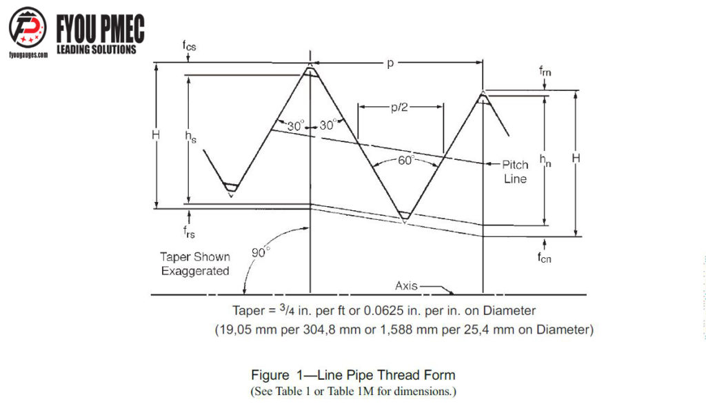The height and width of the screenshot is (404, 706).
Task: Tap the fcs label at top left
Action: [x=189, y=46]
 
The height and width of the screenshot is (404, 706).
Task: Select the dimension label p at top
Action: [x=390, y=63]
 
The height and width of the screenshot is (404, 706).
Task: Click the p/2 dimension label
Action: [x=399, y=107]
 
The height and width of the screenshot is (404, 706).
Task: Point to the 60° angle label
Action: [x=405, y=160]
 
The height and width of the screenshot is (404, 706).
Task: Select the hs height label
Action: [x=190, y=137]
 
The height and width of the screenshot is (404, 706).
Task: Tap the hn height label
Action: [x=545, y=160]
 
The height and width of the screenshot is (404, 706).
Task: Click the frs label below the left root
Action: [x=189, y=232]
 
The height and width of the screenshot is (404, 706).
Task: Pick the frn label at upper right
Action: [x=545, y=71]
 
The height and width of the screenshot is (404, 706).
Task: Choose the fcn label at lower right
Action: [x=545, y=258]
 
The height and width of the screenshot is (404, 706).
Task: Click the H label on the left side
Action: [x=156, y=134]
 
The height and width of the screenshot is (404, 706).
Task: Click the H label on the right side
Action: [x=576, y=158]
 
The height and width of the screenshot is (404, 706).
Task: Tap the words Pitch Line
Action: [x=515, y=172]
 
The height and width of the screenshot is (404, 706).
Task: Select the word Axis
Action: [x=406, y=285]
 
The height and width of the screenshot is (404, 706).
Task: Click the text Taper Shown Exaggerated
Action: [x=195, y=264]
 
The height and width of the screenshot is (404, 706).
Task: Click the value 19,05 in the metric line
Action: [x=235, y=330]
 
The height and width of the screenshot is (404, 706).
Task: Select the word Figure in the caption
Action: [x=270, y=375]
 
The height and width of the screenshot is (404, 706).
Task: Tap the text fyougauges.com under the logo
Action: [x=28, y=55]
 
